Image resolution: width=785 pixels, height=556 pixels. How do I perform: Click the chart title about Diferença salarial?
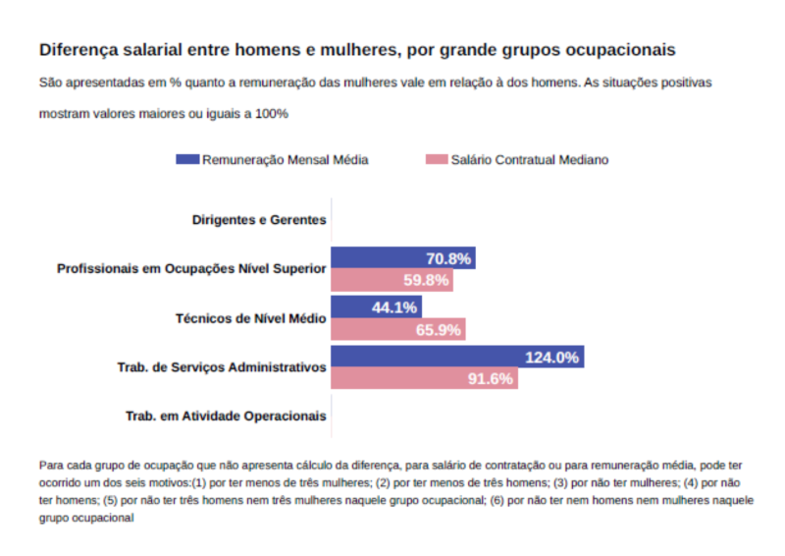[356, 48]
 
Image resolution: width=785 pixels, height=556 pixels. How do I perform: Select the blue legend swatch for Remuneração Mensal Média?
[187, 159]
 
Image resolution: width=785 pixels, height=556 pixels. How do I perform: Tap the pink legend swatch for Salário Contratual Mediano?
[437, 159]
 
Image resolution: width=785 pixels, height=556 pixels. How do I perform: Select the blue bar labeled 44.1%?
[353, 307]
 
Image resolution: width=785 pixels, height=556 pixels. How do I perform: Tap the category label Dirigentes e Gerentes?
[259, 220]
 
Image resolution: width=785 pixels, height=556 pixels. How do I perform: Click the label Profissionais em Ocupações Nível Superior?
[191, 269]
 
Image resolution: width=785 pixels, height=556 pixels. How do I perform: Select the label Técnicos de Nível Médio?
[250, 318]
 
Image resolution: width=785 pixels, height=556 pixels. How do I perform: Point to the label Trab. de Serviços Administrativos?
[222, 367]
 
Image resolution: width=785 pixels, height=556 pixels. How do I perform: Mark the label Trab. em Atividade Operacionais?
[226, 417]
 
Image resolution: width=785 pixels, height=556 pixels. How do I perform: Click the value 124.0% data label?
[551, 358]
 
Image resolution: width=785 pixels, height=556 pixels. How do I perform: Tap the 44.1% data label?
[394, 307]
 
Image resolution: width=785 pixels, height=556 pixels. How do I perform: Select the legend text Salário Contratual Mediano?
[529, 160]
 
